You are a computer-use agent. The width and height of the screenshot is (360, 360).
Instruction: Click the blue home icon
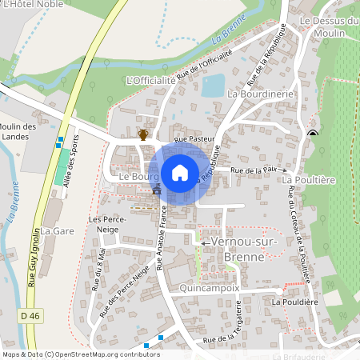180,173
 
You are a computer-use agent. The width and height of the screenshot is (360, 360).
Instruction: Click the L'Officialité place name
151,81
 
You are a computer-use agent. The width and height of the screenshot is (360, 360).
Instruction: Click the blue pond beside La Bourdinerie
213,85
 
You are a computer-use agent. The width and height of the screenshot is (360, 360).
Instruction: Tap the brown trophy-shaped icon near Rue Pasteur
143,134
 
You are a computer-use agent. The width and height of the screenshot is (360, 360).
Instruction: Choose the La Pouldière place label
295,302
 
